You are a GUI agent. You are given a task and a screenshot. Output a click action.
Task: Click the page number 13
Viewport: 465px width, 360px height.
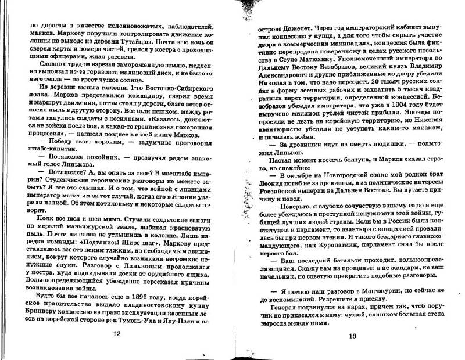click(x=352, y=337)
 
